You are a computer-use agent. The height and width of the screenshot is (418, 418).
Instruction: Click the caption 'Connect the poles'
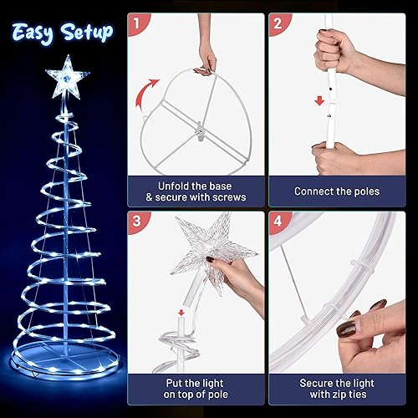pyautogui.click(x=337, y=191)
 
